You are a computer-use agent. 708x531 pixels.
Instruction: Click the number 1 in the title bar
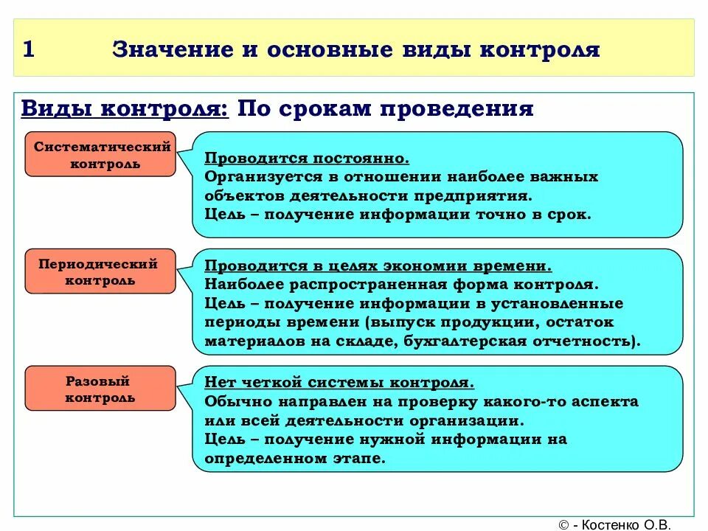click(29, 50)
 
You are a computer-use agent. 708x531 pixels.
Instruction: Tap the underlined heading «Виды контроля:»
click(125, 109)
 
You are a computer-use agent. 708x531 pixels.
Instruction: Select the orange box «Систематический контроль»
click(101, 155)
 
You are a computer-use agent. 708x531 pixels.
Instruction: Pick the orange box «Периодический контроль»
click(101, 271)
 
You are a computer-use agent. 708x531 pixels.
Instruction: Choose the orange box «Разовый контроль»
click(101, 389)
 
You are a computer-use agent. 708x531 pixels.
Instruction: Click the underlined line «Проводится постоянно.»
click(307, 159)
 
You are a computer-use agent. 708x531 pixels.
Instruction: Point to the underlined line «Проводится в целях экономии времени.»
click(378, 265)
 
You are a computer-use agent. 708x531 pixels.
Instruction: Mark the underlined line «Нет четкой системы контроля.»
click(339, 383)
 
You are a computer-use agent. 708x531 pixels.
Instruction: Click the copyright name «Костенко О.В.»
click(626, 524)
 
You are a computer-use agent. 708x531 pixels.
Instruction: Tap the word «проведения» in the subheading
click(457, 109)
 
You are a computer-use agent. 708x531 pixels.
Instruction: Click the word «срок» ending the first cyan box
click(571, 215)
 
